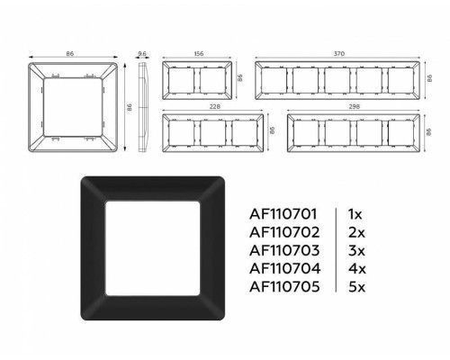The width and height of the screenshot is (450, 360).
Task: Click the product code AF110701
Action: coord(283,216)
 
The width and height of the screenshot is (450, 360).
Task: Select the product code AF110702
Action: coord(283,234)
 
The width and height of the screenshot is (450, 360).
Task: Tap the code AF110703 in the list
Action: coord(283,251)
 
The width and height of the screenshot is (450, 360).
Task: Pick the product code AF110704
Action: coord(283,269)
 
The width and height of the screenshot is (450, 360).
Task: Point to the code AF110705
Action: coord(283,287)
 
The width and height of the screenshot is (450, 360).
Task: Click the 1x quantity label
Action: coord(354,216)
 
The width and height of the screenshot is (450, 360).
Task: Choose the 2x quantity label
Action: coord(354,234)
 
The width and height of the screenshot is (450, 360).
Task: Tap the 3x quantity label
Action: coord(354,251)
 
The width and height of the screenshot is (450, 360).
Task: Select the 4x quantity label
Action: coord(354,269)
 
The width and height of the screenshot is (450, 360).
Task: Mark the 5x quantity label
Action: coord(354,287)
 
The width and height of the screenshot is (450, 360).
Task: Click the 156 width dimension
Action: coord(199,54)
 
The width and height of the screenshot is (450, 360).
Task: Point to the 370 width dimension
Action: coord(339,54)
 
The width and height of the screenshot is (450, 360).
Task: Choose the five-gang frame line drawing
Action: coord(339,82)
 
